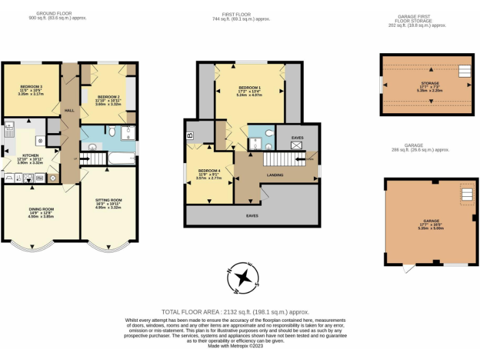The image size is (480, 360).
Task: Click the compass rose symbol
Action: pos(246,278)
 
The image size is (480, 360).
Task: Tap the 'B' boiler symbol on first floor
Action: pos(189,135)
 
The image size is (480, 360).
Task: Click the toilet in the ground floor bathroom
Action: pos(111,131)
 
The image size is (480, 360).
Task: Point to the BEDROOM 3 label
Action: pos(31,87)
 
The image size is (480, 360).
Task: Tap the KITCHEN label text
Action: pos(31,155)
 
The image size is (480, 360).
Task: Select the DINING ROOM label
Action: pos(41,209)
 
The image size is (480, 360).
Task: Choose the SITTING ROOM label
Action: pos(109,201)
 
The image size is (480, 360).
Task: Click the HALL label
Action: pos(69,110)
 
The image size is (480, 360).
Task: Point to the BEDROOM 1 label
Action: pos(249,87)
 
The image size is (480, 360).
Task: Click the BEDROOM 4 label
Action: pos(209,171)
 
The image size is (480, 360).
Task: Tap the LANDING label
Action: pos(276,175)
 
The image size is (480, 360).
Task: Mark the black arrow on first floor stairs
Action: pos(309,159)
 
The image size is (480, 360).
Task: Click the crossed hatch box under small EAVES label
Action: pos(297,144)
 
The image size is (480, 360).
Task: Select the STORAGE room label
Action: pos(429,83)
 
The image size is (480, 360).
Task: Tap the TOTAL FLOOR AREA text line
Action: pos(236,312)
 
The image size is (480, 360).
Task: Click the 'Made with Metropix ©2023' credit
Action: pos(236,346)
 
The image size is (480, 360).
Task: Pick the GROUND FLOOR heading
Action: pos(57,13)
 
